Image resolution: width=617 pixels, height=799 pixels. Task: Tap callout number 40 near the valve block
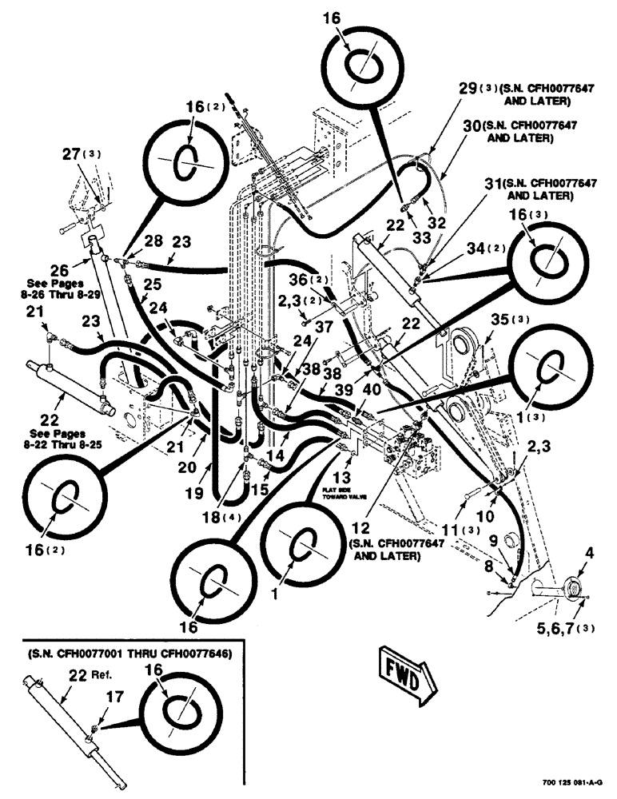click(372, 389)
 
